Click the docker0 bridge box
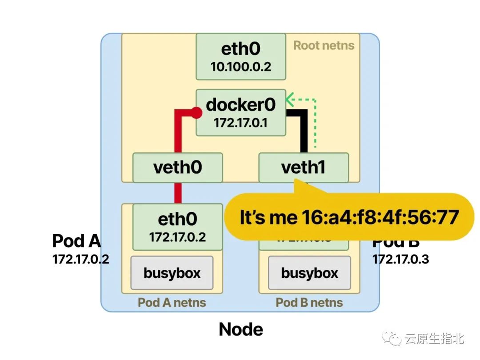241,112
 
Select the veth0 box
177,168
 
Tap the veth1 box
304,168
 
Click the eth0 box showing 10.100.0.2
240,57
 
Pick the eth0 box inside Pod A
177,227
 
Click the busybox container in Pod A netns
172,272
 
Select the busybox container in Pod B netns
309,272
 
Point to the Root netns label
324,45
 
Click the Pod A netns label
172,303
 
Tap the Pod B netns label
309,303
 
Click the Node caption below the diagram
241,329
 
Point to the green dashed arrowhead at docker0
290,98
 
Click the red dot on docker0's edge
196,113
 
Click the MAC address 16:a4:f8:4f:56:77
380,218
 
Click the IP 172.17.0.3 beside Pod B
400,259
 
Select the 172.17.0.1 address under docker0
240,123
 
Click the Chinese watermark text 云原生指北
434,339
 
